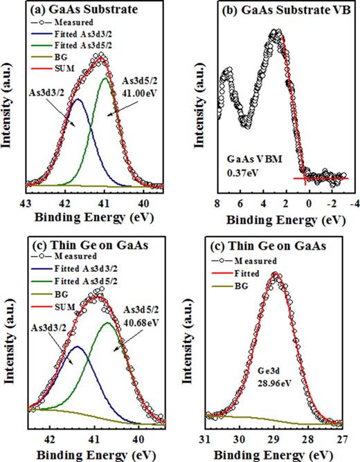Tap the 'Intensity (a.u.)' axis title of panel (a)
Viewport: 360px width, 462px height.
coord(8,111)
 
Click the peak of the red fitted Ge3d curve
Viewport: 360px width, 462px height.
coord(276,274)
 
